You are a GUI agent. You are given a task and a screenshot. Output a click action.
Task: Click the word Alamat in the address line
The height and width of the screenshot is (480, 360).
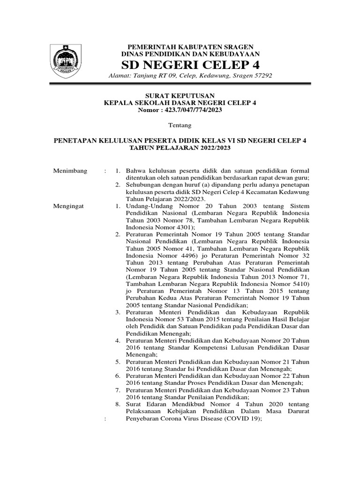120,75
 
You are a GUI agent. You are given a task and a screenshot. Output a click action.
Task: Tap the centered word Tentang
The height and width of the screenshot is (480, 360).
180,125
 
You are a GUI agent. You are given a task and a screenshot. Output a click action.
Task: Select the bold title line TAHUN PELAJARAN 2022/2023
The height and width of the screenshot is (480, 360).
180,148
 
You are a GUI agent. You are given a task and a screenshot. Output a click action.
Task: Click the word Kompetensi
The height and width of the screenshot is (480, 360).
200,348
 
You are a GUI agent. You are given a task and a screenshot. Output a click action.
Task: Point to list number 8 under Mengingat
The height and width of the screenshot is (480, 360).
118,404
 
